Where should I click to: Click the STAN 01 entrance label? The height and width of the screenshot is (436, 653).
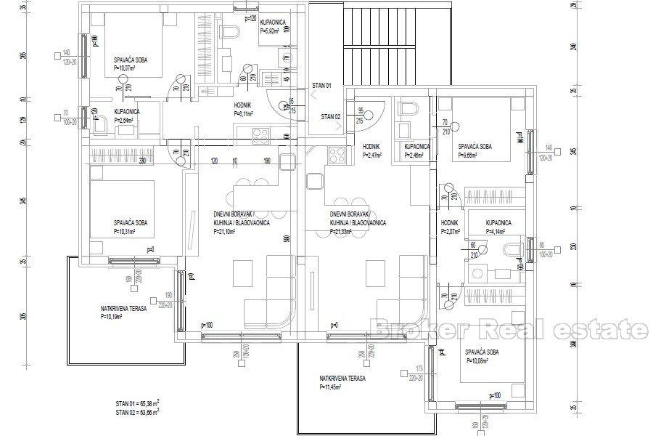point(321,86)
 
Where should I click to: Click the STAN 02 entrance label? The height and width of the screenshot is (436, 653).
point(331,116)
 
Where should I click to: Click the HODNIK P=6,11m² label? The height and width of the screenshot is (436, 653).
point(243,110)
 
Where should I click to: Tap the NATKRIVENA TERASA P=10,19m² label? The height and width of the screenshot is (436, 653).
point(123,313)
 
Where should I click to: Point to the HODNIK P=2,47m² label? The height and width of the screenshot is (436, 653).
point(371,150)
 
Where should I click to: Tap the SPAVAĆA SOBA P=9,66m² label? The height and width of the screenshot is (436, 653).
point(475,150)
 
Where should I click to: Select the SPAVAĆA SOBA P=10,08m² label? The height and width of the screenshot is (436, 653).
point(482,355)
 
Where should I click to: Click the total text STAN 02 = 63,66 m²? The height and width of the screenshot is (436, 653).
point(137,411)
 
